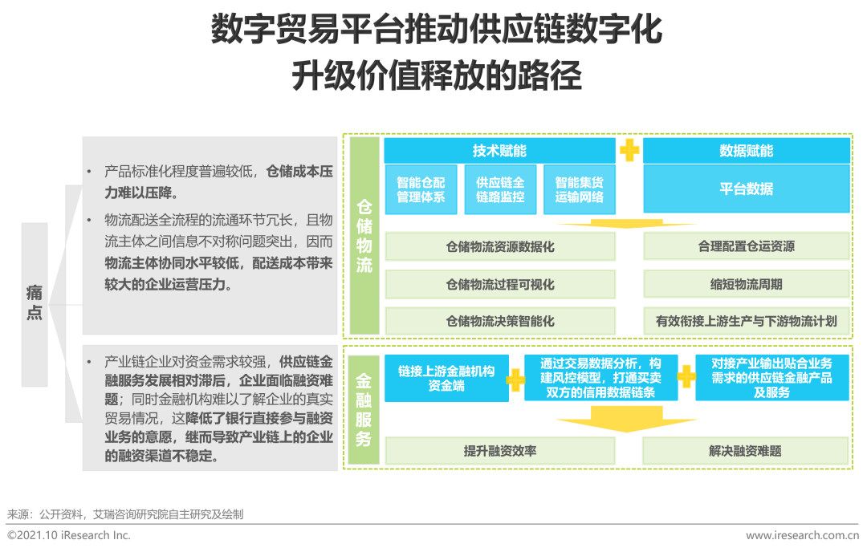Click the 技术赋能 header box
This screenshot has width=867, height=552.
pos(499,151)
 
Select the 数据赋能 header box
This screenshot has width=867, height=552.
pos(746,151)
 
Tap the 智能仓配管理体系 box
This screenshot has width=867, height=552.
pos(421,189)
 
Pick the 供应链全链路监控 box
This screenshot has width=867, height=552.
pos(500,189)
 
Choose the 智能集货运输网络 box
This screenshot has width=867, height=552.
pos(579,189)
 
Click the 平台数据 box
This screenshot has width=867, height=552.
pos(746,189)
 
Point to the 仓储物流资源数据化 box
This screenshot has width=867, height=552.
pos(500,247)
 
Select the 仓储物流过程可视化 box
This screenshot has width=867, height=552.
pos(500,284)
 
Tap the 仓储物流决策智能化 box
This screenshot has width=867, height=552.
pos(500,321)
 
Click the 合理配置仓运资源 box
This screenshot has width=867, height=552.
pos(746,247)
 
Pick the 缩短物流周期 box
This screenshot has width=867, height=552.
pos(746,284)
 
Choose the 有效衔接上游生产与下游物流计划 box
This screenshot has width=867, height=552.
pos(746,321)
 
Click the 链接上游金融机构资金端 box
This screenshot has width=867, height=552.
pos(446,378)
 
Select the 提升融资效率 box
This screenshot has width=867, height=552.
pos(500,451)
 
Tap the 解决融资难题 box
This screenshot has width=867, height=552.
pos(746,451)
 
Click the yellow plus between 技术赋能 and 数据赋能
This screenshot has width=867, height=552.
pos(629,151)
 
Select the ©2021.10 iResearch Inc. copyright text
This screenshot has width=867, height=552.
pos(69,535)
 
